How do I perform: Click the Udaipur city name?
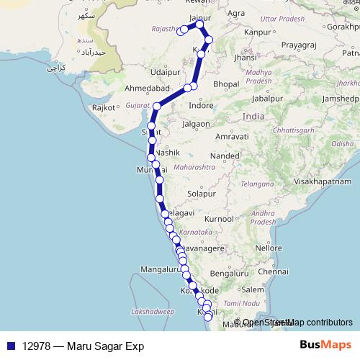pos(165,72)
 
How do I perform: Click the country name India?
pos(253,116)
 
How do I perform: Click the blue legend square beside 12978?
pos(9,346)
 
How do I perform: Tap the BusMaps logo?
pos(325,346)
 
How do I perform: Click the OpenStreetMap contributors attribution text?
pos(297,323)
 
